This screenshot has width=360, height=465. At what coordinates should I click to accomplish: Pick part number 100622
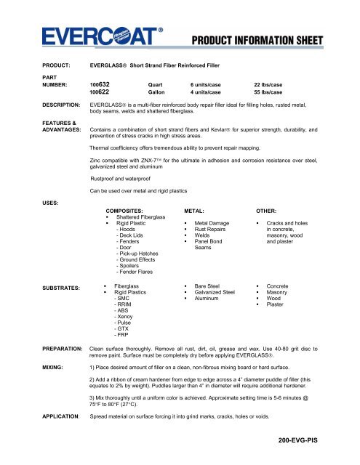point(100,92)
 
